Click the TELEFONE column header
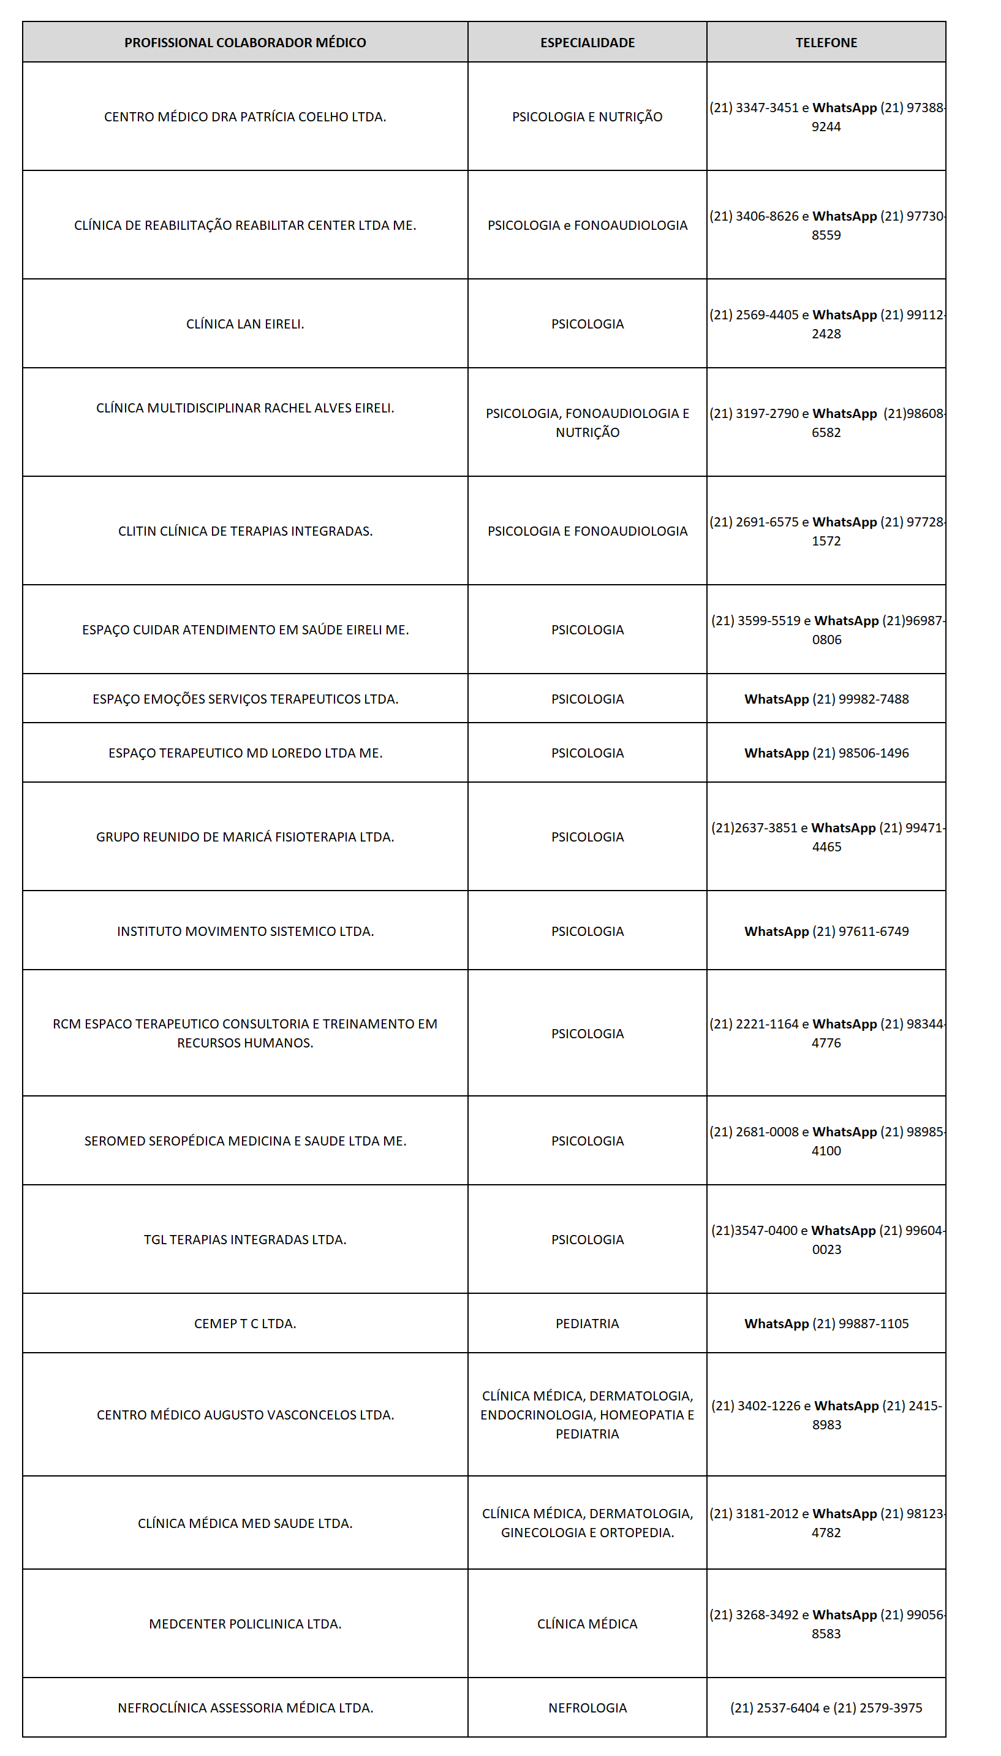pyautogui.click(x=826, y=43)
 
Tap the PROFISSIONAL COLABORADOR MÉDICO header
pyautogui.click(x=245, y=43)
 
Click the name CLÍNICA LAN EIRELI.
pyautogui.click(x=245, y=324)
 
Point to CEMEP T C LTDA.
pyautogui.click(x=245, y=1323)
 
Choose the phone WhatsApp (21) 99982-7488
pyautogui.click(x=826, y=699)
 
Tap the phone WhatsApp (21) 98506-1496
pyautogui.click(x=826, y=753)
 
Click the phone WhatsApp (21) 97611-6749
pyautogui.click(x=826, y=931)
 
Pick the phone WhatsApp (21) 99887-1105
pyautogui.click(x=826, y=1323)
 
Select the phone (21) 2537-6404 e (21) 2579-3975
pyautogui.click(x=826, y=1708)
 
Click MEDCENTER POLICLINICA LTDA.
pyautogui.click(x=245, y=1624)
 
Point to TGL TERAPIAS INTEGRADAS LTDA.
pyautogui.click(x=245, y=1239)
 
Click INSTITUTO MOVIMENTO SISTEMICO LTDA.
pyautogui.click(x=245, y=931)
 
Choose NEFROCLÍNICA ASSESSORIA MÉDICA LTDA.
pyautogui.click(x=245, y=1708)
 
